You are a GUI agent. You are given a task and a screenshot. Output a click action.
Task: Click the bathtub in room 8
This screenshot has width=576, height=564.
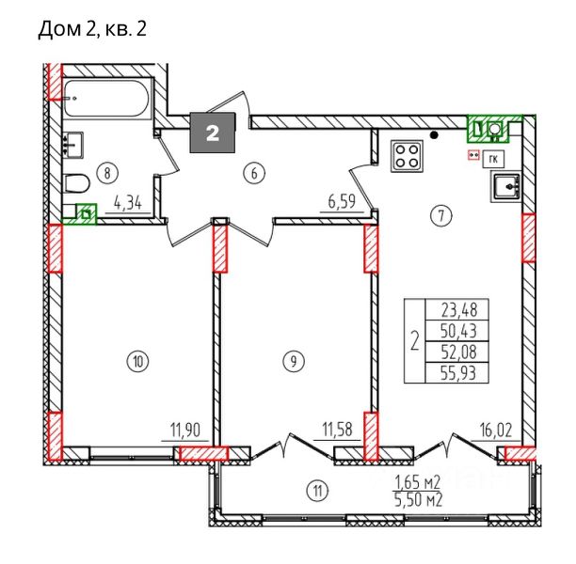pyautogui.click(x=107, y=99)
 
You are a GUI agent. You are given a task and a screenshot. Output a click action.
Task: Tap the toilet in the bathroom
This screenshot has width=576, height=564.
pyautogui.click(x=76, y=183)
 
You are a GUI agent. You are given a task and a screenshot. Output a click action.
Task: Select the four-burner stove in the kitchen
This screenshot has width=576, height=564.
pyautogui.click(x=407, y=156)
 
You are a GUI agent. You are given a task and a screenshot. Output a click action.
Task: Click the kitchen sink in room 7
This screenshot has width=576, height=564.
pyautogui.click(x=506, y=187)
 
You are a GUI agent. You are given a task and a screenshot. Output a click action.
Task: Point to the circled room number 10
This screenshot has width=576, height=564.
pyautogui.click(x=137, y=362)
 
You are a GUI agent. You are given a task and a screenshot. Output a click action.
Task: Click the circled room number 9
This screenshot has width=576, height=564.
pyautogui.click(x=293, y=362)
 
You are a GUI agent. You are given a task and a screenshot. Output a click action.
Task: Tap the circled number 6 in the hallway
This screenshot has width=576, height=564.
pyautogui.click(x=254, y=173)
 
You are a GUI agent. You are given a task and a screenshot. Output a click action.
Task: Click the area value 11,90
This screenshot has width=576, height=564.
pyautogui.click(x=185, y=431)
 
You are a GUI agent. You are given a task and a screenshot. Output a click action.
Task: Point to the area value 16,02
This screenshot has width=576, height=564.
pyautogui.click(x=496, y=431)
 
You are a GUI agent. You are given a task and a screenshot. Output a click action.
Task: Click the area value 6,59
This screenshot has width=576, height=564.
pyautogui.click(x=342, y=202)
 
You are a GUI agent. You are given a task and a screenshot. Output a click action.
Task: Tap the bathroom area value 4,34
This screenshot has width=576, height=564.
pyautogui.click(x=128, y=202)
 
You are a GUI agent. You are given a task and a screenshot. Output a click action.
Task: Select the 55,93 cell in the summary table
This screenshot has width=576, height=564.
pyautogui.click(x=457, y=373)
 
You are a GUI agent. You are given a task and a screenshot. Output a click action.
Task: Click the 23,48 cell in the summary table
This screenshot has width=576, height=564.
pyautogui.click(x=457, y=309)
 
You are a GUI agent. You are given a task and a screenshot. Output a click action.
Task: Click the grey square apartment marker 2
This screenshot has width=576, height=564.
pyautogui.click(x=213, y=133)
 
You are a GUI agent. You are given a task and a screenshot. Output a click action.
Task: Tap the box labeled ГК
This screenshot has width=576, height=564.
pyautogui.click(x=494, y=159)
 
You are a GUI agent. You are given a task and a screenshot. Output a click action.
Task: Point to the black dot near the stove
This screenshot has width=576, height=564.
pyautogui.click(x=434, y=135)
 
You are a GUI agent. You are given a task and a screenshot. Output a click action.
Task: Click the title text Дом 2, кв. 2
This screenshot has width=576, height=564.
pyautogui.click(x=92, y=29)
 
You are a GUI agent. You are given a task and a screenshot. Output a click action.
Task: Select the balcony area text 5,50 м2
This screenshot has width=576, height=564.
pyautogui.click(x=418, y=500)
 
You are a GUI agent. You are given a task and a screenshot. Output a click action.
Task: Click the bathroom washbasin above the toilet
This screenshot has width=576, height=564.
pyautogui.click(x=73, y=146)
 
